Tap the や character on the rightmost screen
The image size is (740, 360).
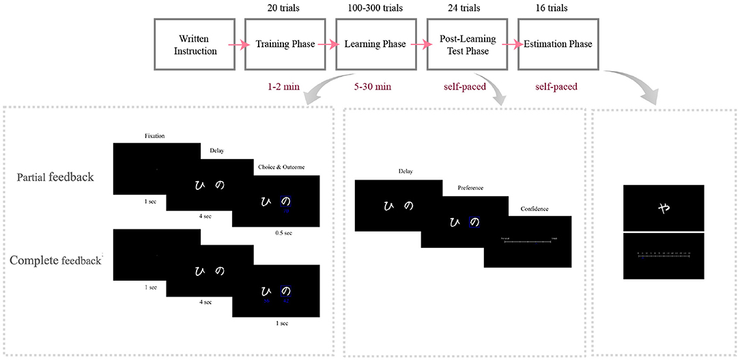click(662, 208)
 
